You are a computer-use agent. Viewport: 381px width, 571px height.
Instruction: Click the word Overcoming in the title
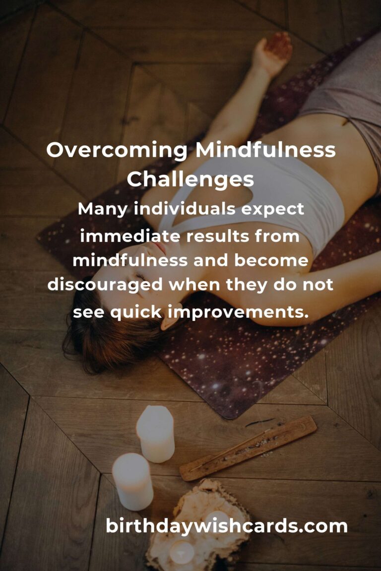(x=117, y=150)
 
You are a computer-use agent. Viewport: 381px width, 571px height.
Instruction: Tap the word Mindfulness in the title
(x=265, y=149)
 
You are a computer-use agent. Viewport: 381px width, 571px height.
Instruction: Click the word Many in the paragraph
(x=103, y=210)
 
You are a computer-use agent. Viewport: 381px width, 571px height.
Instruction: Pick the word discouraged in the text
(x=105, y=285)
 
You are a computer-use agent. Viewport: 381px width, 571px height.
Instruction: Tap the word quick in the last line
(x=135, y=312)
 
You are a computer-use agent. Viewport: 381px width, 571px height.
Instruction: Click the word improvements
(x=238, y=312)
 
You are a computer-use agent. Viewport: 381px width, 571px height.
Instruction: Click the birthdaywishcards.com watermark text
(x=226, y=526)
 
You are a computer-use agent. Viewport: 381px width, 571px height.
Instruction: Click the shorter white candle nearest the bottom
(x=133, y=481)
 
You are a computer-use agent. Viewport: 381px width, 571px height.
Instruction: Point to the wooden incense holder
(x=248, y=448)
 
